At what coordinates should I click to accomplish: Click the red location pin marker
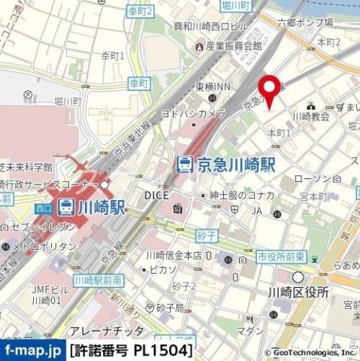[269, 89]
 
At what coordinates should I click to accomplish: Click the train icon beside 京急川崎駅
[185, 163]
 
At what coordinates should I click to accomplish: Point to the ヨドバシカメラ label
[192, 113]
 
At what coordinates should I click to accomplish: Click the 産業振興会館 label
[232, 45]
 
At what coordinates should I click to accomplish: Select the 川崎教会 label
[310, 117]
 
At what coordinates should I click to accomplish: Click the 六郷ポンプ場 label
[304, 23]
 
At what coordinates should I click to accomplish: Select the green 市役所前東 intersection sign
[282, 256]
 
